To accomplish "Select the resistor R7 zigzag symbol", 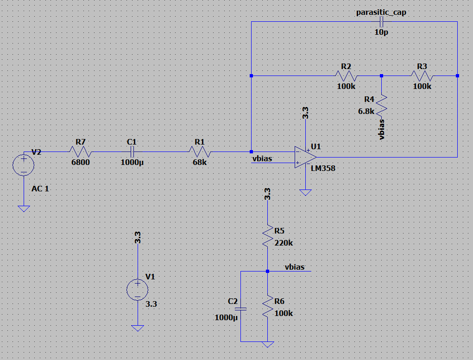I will click(81, 152).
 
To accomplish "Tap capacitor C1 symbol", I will click(132, 152).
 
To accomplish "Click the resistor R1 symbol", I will click(200, 152).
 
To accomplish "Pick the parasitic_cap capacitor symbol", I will click(381, 22).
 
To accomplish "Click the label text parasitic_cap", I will click(381, 12).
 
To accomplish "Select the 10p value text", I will click(381, 33).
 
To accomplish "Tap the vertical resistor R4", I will click(381, 105).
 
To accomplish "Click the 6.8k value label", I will click(366, 111).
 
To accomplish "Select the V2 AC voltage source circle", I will click(23, 164).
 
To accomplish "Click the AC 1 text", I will click(40, 189).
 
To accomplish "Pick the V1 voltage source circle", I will click(138, 290).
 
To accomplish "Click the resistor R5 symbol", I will click(268, 236).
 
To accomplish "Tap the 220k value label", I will click(284, 243).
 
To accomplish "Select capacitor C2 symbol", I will click(240, 309).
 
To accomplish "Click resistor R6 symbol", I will click(268, 307).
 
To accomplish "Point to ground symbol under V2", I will click(23, 208).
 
